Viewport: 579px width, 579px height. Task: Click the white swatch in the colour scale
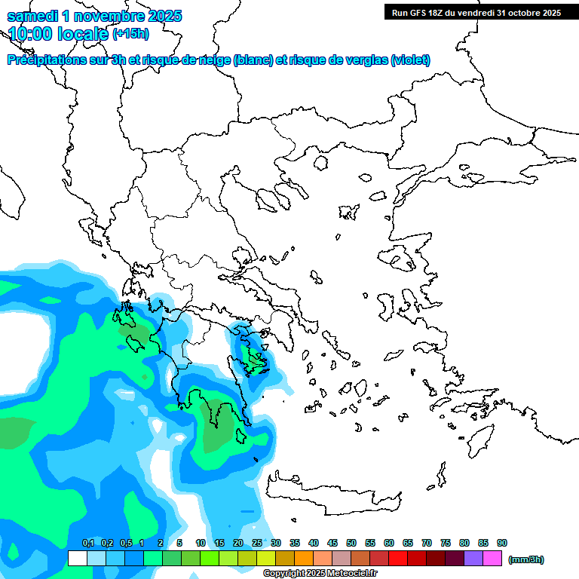pyautogui.click(x=77, y=559)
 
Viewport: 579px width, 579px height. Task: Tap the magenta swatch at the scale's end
pyautogui.click(x=492, y=559)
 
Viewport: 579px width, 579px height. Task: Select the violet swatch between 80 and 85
pyautogui.click(x=473, y=559)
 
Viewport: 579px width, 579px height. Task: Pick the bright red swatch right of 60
pyautogui.click(x=398, y=559)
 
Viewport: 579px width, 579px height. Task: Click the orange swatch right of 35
pyautogui.click(x=304, y=559)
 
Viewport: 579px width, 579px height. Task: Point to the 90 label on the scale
pyautogui.click(x=502, y=543)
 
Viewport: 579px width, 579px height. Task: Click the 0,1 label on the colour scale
pyautogui.click(x=88, y=543)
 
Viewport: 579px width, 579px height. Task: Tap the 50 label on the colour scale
pyautogui.click(x=351, y=543)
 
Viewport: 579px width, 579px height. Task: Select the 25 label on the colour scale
pyautogui.click(x=257, y=543)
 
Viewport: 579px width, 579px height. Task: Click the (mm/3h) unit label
pyautogui.click(x=526, y=559)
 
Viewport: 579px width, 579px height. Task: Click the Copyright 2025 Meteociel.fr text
pyautogui.click(x=320, y=574)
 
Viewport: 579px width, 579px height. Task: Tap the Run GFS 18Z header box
pyautogui.click(x=475, y=13)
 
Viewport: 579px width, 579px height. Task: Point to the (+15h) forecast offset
pyautogui.click(x=130, y=34)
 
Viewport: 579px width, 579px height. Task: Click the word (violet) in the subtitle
pyautogui.click(x=411, y=60)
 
